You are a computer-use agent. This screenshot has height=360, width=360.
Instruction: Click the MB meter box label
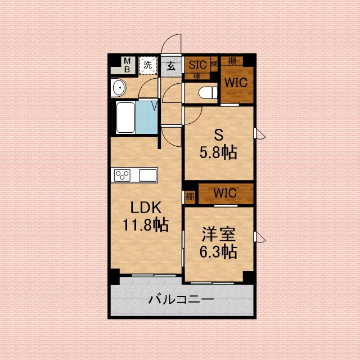point(127,65)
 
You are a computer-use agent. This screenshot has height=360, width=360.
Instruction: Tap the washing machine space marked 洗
point(147,65)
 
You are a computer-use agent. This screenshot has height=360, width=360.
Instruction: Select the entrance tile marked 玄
point(171,65)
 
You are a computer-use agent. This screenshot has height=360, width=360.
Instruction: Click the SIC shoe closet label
point(197,64)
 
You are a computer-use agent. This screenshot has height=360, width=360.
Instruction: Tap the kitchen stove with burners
point(122,175)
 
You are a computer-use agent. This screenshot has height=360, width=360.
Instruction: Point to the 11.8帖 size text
point(146,226)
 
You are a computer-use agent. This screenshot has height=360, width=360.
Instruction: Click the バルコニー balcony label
point(181,299)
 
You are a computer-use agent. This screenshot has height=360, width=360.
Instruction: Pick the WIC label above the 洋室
point(224,193)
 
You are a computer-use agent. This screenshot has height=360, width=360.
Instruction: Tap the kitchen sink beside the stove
point(147,175)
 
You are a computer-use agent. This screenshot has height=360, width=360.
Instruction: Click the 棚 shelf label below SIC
point(196,75)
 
